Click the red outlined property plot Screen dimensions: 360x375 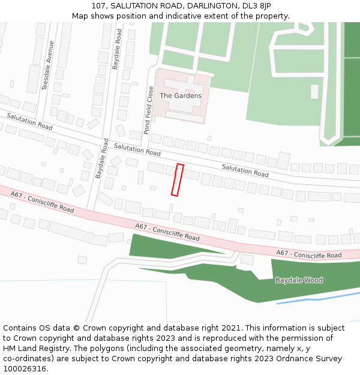pos(178,179)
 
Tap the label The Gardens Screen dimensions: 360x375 pos(181,96)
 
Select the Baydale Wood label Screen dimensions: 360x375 pos(299,280)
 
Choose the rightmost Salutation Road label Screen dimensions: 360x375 pos(245,170)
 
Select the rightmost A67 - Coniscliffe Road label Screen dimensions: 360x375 pos(308,254)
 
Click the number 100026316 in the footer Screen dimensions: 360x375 pos(24,368)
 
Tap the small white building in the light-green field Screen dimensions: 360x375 pos(314,91)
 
